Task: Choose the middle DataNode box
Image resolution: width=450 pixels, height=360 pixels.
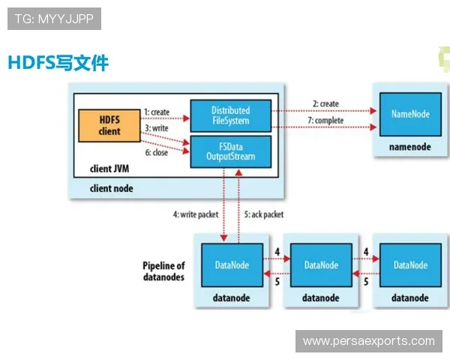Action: click(x=322, y=265)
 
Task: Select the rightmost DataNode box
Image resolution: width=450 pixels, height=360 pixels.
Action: click(x=410, y=265)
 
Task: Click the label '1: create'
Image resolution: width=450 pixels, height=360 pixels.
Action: click(x=157, y=112)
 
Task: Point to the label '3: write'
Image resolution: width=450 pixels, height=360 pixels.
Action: click(x=157, y=128)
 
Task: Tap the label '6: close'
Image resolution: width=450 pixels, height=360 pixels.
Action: click(x=155, y=151)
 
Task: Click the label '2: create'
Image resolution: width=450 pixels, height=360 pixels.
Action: click(x=325, y=103)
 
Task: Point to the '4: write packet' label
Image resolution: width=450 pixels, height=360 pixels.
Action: click(x=196, y=214)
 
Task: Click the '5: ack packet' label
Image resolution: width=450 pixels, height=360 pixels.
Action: click(x=263, y=214)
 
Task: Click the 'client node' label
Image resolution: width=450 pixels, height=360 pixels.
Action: click(x=112, y=188)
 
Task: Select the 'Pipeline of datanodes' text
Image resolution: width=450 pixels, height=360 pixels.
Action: click(x=163, y=271)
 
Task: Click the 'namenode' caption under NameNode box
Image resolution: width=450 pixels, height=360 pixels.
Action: click(x=409, y=148)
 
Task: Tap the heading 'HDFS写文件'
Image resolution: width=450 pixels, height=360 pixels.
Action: click(x=58, y=63)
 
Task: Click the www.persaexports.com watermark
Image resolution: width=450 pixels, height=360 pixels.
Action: click(x=368, y=341)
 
